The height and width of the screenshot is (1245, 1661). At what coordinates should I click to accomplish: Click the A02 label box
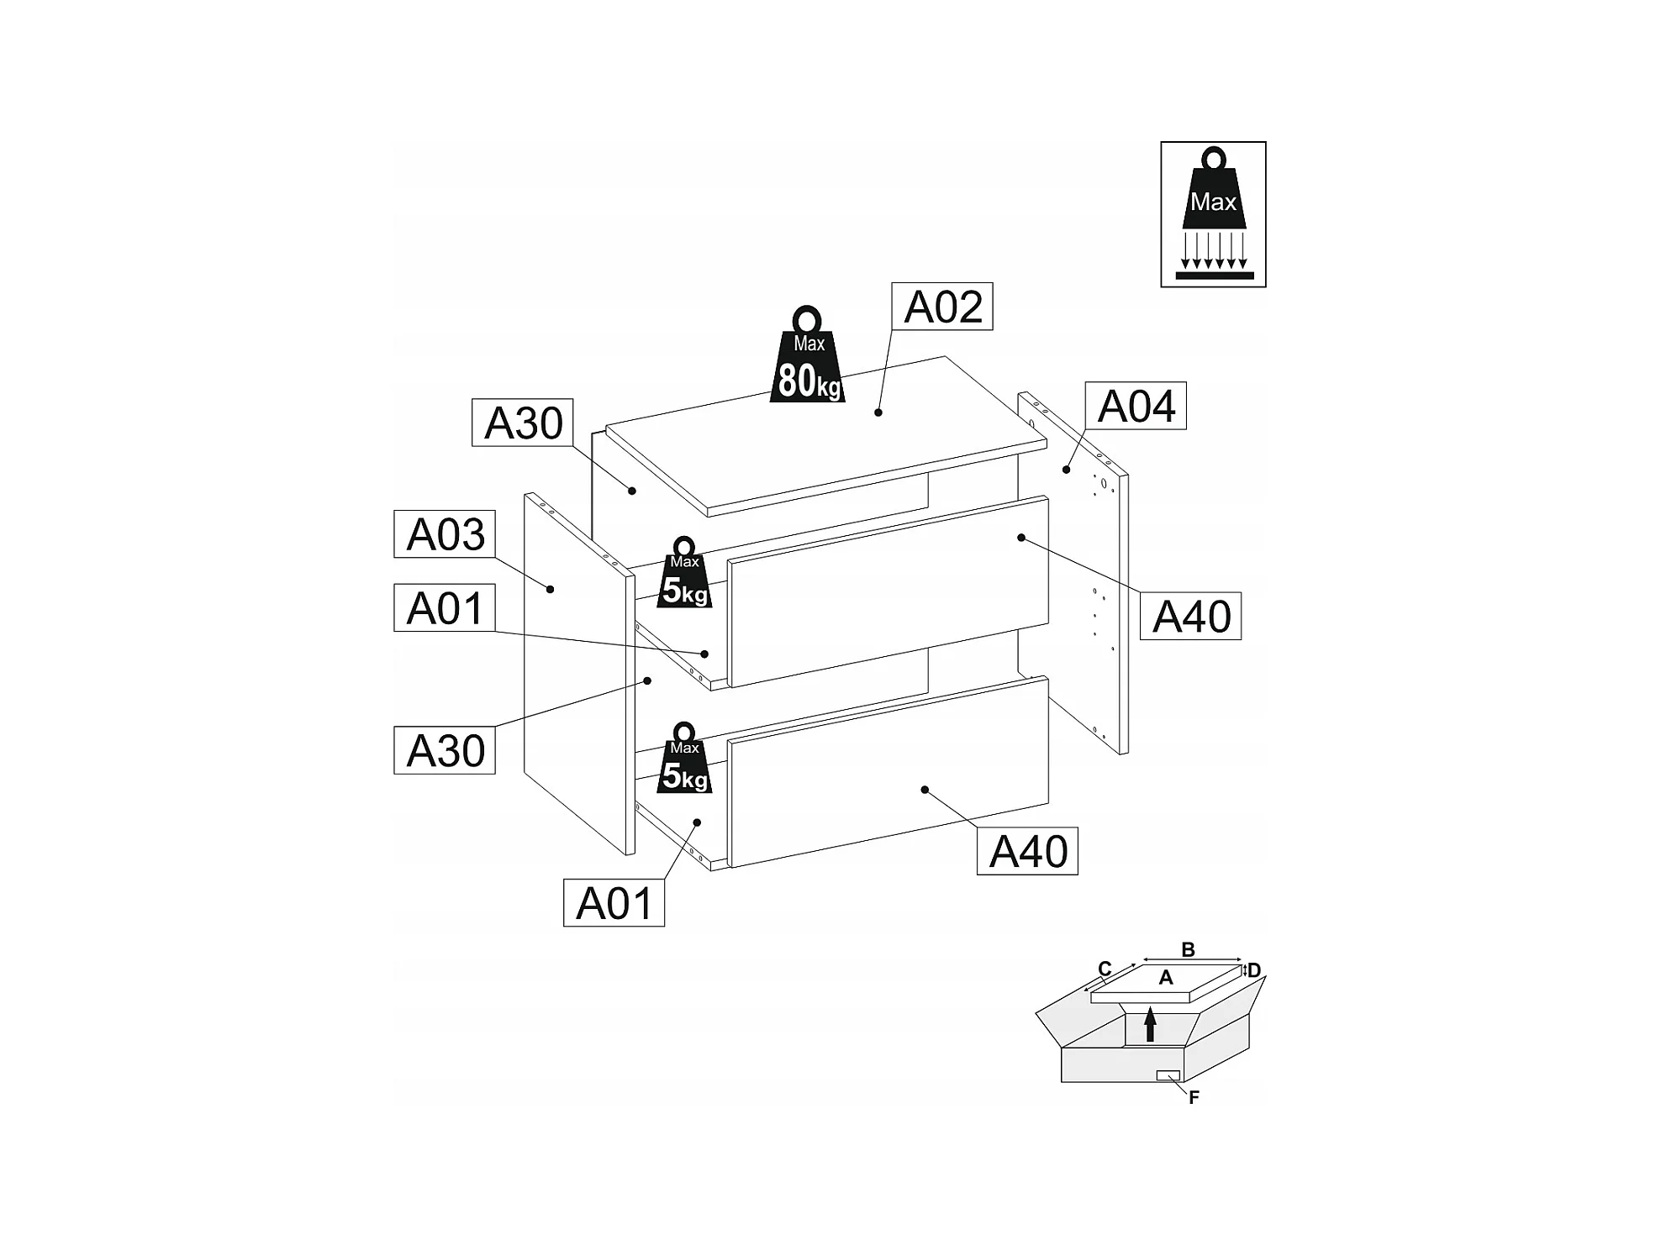[x=941, y=307]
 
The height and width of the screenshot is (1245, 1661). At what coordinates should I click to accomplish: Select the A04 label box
[x=1135, y=407]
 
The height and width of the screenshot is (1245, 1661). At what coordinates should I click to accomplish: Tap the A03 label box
[x=445, y=534]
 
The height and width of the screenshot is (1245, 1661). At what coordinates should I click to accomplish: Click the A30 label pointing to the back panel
[x=522, y=423]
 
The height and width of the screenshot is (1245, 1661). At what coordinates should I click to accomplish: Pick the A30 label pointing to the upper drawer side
[x=445, y=750]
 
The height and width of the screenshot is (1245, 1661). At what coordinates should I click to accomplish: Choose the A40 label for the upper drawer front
[x=1190, y=617]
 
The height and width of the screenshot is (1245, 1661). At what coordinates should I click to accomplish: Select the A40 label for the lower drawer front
[x=1027, y=852]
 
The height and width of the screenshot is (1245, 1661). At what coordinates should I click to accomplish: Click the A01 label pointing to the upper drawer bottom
[x=445, y=608]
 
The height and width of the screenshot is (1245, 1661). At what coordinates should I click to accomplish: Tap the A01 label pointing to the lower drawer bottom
[x=614, y=904]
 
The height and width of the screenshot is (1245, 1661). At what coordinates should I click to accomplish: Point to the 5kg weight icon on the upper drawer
[x=685, y=573]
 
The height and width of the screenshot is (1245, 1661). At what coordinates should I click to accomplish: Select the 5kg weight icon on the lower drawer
[x=685, y=759]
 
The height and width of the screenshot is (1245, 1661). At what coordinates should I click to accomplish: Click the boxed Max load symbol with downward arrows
[x=1213, y=214]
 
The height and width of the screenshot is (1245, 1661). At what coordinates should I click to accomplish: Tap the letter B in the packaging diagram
[x=1188, y=950]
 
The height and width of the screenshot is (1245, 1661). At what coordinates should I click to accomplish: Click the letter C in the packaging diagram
[x=1105, y=969]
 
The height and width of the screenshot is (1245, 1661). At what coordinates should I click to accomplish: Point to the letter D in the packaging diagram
[x=1254, y=971]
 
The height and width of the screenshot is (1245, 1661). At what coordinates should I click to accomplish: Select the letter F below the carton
[x=1194, y=1097]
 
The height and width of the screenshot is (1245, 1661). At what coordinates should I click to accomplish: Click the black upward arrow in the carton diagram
[x=1150, y=1026]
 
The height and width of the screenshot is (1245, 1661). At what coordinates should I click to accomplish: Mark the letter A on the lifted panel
[x=1165, y=978]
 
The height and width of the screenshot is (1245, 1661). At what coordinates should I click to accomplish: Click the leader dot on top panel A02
[x=878, y=412]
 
